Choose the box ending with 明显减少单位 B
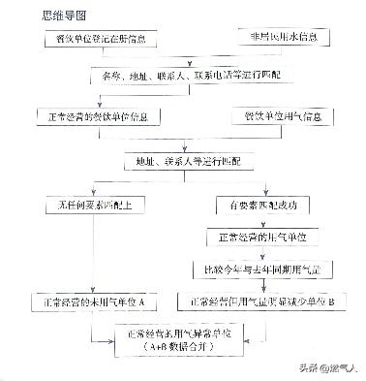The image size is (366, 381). click(x=261, y=302)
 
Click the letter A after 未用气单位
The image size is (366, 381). click(x=142, y=302)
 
